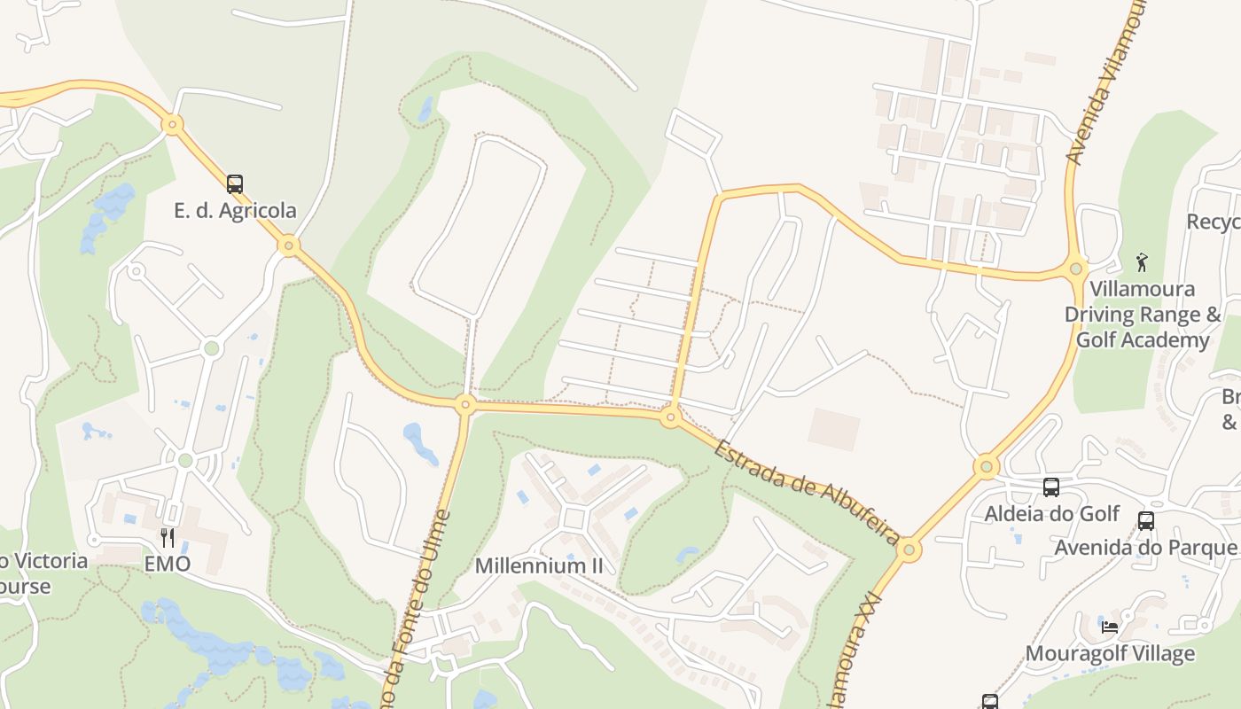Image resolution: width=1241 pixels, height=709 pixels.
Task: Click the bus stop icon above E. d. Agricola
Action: [234, 184]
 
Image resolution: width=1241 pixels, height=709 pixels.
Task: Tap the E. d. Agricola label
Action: [235, 211]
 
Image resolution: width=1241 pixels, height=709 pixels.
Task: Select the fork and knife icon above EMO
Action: [167, 537]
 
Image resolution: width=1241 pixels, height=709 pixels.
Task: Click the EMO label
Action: [168, 564]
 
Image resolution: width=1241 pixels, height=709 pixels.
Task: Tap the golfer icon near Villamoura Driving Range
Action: [1142, 261]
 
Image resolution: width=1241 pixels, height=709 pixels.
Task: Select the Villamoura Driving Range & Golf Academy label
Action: [1143, 315]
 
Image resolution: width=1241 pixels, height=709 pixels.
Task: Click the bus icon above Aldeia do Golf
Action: [1050, 487]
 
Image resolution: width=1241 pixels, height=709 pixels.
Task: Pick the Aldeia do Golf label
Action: [1052, 514]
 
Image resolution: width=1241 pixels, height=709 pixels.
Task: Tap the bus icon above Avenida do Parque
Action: [1146, 521]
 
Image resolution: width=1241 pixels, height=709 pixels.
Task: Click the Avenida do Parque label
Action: [1145, 548]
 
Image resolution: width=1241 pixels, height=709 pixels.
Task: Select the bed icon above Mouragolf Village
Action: [1109, 627]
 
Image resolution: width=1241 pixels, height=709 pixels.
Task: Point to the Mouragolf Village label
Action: [1110, 654]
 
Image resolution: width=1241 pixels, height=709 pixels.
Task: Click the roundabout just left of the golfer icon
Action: [1076, 268]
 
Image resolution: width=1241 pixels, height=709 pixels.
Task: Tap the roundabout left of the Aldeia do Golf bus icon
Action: [986, 466]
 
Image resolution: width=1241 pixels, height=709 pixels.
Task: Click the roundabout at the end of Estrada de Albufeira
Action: [909, 550]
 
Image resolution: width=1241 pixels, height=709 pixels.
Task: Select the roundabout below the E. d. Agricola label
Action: [288, 245]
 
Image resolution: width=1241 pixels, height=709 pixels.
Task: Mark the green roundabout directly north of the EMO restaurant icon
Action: [185, 460]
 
